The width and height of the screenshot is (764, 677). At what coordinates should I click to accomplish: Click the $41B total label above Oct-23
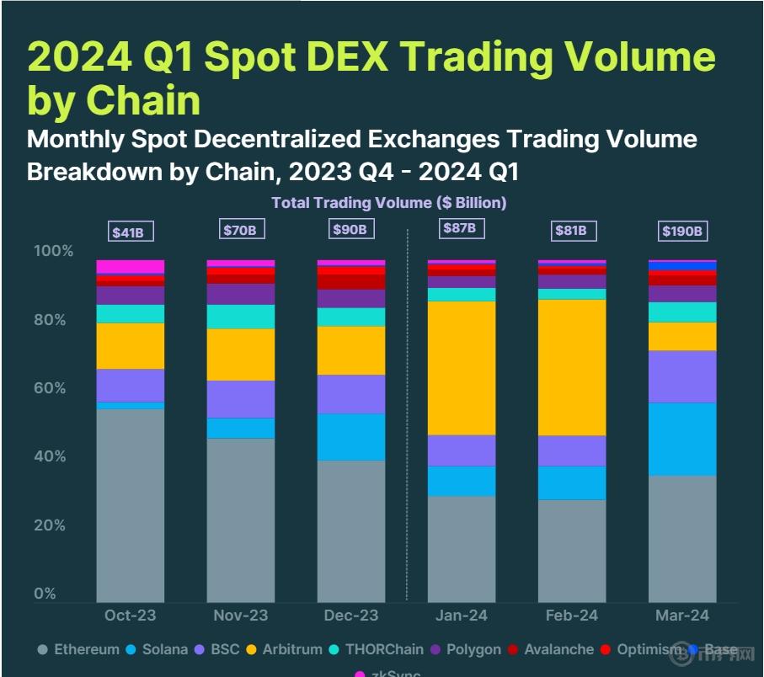[x=131, y=232]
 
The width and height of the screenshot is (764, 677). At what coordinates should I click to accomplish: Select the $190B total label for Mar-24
[x=682, y=231]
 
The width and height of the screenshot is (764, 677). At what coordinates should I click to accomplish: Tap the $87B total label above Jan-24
[x=460, y=228]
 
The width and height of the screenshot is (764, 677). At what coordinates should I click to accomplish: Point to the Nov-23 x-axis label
[x=241, y=616]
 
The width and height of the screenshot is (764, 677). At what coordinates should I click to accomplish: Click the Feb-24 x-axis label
[x=571, y=616]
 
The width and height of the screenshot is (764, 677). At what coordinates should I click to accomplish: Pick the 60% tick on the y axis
[x=54, y=388]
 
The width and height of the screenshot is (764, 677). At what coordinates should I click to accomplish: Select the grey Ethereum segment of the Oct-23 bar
[x=131, y=505]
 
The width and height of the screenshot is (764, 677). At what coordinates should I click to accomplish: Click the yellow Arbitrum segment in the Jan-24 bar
[x=462, y=368]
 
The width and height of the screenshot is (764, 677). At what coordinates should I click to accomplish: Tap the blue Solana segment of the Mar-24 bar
[x=682, y=440]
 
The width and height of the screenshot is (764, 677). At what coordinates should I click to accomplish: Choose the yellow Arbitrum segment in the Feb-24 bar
[x=572, y=367]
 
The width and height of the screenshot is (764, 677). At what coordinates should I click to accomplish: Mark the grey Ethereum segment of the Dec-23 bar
[x=351, y=530]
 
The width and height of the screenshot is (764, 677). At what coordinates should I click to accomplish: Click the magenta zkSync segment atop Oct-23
[x=131, y=267]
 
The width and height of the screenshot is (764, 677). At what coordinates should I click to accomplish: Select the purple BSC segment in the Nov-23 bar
[x=241, y=399]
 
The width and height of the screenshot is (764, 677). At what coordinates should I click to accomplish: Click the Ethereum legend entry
[x=79, y=650]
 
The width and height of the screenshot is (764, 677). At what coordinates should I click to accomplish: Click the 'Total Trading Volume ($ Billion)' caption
[x=388, y=203]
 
